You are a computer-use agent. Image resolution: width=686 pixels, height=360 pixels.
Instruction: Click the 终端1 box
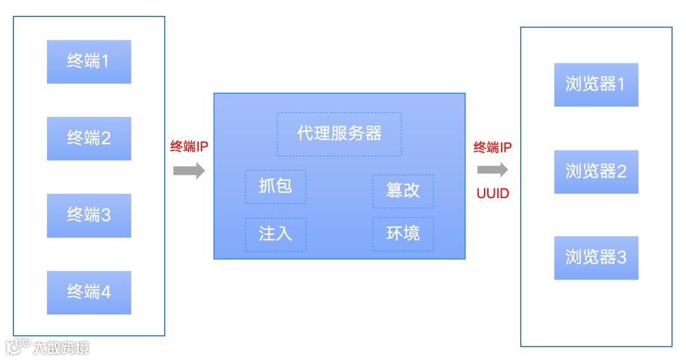[x=89, y=62]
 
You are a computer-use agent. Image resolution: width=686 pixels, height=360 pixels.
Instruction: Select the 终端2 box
[x=89, y=138]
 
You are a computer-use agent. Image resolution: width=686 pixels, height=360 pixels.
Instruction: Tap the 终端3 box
[x=89, y=215]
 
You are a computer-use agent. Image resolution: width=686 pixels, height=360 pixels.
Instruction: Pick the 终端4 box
[x=89, y=292]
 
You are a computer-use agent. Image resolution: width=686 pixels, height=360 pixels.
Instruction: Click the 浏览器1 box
[x=596, y=84]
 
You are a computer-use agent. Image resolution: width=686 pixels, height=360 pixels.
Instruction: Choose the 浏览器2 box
[x=596, y=171]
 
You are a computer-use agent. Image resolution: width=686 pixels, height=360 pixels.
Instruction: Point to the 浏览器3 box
[x=596, y=258]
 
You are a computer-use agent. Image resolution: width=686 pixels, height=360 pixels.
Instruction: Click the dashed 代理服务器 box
[x=339, y=134]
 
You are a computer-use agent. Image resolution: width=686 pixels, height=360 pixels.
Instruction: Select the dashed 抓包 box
[x=276, y=187]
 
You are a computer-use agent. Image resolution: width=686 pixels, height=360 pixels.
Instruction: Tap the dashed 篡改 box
[x=403, y=191]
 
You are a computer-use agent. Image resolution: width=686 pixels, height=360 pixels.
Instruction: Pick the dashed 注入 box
[x=276, y=234]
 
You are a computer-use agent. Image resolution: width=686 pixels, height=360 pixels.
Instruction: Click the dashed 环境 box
[x=403, y=234]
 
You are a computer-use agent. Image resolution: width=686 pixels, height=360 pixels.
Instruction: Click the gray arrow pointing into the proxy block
[x=189, y=171]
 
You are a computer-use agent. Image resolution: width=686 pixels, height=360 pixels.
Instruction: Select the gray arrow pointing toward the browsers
[x=493, y=170]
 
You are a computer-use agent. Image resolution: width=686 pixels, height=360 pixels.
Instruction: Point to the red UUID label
[x=493, y=193]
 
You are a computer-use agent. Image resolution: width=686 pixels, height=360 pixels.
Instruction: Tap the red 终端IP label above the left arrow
[x=189, y=147]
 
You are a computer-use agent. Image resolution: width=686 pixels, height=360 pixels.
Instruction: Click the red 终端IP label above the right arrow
[x=493, y=147]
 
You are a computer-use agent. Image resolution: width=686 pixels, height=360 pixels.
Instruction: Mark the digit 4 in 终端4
[x=106, y=292]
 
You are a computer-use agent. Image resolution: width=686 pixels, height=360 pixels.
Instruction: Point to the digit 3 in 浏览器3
[x=622, y=258]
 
